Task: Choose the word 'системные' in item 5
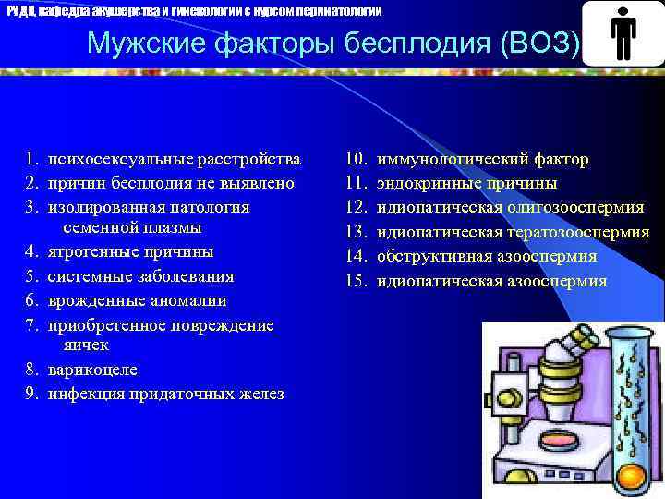87,276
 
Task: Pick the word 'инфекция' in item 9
83,394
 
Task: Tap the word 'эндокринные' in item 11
428,183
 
